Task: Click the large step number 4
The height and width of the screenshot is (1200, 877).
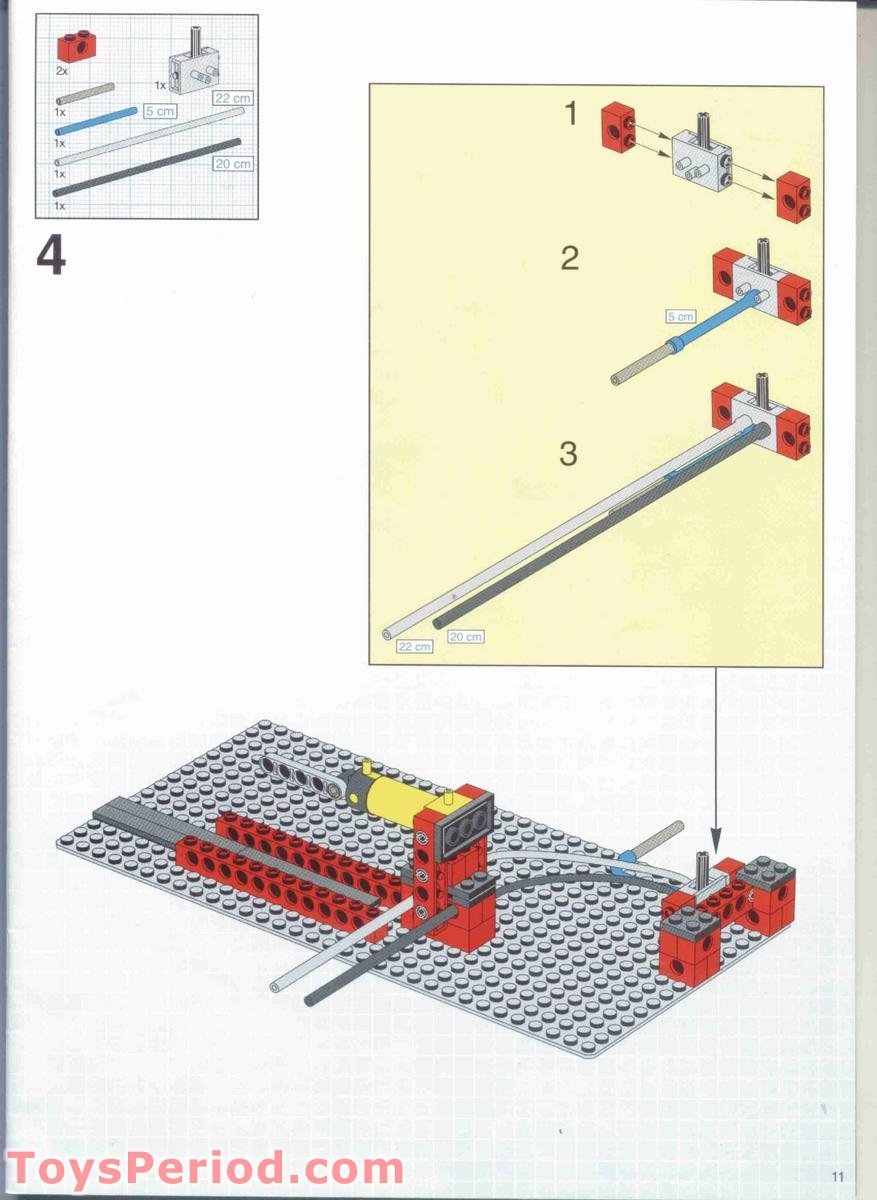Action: pos(51,257)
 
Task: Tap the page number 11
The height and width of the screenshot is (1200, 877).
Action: pos(838,1173)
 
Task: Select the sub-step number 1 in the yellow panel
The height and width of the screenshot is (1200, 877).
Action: pos(572,114)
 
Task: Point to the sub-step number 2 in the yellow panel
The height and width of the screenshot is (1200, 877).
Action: pos(569,258)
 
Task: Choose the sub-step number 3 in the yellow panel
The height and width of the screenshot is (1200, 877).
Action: pos(568,453)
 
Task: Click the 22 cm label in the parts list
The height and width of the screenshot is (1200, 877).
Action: pos(233,98)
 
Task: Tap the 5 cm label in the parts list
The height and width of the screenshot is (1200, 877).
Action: pos(160,111)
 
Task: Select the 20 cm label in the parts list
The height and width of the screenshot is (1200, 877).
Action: pos(233,164)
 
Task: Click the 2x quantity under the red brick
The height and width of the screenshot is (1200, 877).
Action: pos(62,70)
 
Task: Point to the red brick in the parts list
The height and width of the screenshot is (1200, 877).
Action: pos(72,48)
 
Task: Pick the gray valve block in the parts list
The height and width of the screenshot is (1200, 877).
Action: pos(194,68)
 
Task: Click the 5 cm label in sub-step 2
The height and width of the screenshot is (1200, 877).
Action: pos(680,317)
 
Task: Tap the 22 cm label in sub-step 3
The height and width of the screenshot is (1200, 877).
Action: pos(415,646)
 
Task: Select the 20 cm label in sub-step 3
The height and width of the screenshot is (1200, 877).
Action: pos(466,636)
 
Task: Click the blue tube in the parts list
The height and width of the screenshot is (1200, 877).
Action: pos(96,120)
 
